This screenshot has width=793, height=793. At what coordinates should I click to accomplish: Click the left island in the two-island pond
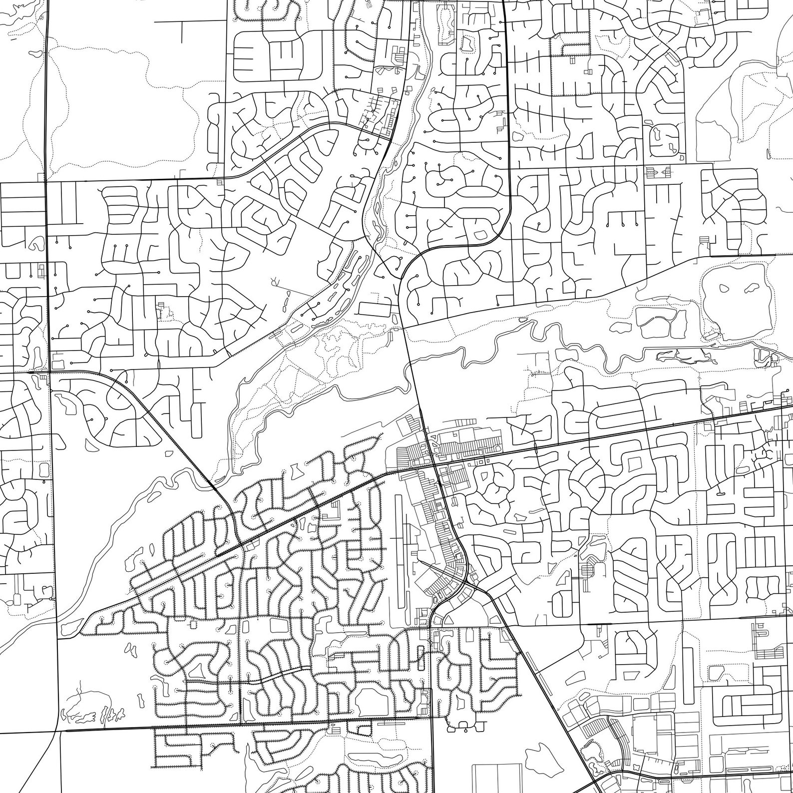(724, 288)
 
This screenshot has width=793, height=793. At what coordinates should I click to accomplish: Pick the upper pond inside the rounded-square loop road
(656, 132)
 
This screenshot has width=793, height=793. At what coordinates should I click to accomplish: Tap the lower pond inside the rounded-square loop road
(672, 148)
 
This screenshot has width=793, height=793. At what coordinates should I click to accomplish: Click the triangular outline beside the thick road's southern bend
(448, 620)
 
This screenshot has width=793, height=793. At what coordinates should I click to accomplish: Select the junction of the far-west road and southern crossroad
(58, 731)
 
